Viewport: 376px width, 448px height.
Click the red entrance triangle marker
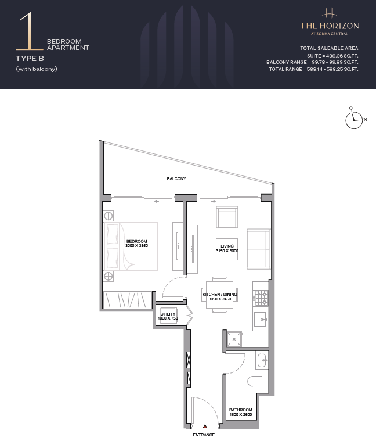[x=205, y=427]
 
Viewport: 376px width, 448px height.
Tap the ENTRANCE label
[x=204, y=435]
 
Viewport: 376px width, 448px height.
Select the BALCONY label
[x=176, y=178]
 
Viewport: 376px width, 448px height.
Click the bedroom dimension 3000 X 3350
[x=137, y=245]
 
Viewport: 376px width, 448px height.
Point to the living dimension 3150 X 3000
[x=227, y=250]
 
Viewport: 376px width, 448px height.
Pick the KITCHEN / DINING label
[x=220, y=294]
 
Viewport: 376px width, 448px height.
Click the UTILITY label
[x=168, y=314]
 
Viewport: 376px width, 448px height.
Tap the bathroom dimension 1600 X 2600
[x=240, y=414]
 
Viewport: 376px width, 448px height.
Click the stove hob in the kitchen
[x=261, y=298]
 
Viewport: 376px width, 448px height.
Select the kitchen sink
[x=261, y=319]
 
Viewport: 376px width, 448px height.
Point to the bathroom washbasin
[x=262, y=361]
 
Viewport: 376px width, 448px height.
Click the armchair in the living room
[x=227, y=217]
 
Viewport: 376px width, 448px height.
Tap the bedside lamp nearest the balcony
[x=108, y=216]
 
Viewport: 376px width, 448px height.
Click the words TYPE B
[x=30, y=59]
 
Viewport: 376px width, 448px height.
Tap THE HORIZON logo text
[x=330, y=26]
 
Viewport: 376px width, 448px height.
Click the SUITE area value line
[x=332, y=56]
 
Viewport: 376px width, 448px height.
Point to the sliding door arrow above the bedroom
[x=156, y=202]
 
